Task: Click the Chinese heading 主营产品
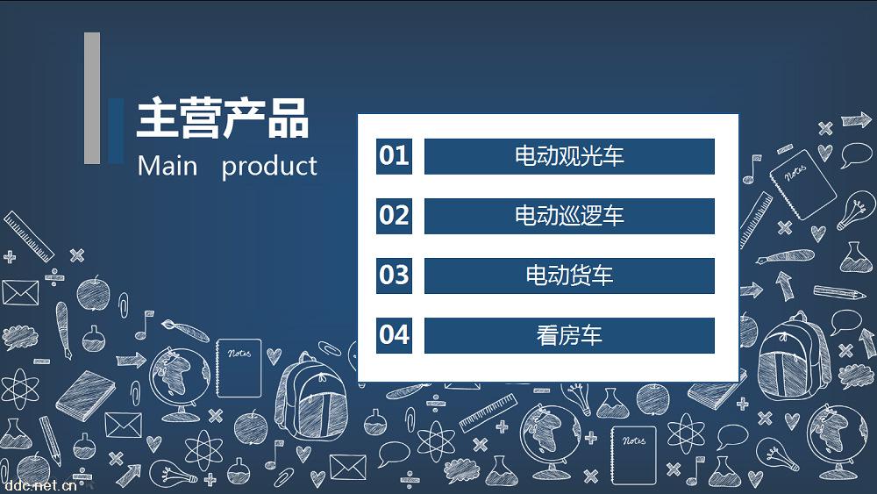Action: click(x=223, y=118)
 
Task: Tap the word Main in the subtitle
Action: click(x=168, y=166)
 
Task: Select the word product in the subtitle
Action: click(x=269, y=167)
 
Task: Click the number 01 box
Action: click(x=394, y=156)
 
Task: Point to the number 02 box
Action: click(x=394, y=216)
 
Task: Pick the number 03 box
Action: click(x=394, y=276)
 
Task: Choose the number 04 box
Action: click(x=394, y=336)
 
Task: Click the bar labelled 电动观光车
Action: click(x=569, y=156)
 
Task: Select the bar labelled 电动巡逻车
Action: click(x=569, y=216)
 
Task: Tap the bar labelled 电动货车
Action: click(x=569, y=276)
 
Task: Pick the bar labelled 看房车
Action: click(x=569, y=336)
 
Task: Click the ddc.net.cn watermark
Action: click(x=39, y=484)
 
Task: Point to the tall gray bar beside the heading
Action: click(x=92, y=98)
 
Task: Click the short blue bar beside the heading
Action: click(x=116, y=131)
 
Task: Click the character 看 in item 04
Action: click(x=547, y=336)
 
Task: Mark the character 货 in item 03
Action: click(x=558, y=276)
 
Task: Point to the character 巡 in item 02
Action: click(x=558, y=216)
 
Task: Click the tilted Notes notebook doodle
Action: click(x=802, y=183)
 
